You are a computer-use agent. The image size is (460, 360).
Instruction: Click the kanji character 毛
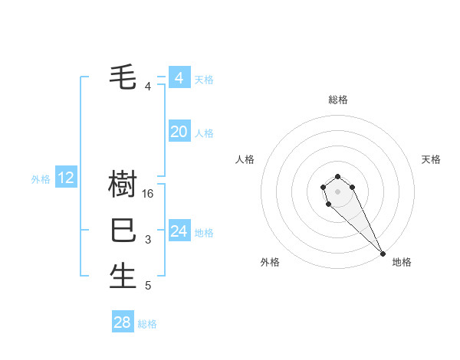(x=123, y=77)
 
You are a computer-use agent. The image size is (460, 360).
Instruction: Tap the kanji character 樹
(x=123, y=185)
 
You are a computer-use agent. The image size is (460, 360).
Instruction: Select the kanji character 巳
(x=123, y=230)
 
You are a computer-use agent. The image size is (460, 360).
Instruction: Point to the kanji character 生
(x=123, y=276)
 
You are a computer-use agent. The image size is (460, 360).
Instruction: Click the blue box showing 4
(x=179, y=78)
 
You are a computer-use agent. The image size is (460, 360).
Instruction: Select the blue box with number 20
(x=179, y=132)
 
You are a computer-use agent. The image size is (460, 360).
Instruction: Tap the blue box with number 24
(x=179, y=231)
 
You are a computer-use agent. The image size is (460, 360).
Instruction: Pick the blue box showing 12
(x=66, y=178)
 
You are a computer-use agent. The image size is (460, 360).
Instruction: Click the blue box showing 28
(x=123, y=322)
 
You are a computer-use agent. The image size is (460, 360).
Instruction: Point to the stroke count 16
(x=149, y=194)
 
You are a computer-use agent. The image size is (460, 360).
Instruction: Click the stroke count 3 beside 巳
(x=148, y=240)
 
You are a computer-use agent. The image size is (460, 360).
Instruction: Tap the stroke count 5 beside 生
(x=148, y=286)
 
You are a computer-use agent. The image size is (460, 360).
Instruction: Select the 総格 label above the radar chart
(x=338, y=100)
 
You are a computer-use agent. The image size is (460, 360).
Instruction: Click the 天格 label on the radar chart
(x=431, y=159)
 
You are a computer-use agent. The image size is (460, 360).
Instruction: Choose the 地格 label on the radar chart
(x=402, y=262)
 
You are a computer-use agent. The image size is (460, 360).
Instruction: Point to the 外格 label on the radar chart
(x=270, y=262)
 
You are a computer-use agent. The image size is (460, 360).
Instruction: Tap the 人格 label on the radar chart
(x=245, y=159)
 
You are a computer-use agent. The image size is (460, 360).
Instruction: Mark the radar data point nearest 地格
(x=383, y=254)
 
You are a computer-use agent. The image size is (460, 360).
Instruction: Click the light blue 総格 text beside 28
(x=147, y=324)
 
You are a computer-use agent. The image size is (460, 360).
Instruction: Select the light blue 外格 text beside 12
(x=41, y=179)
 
